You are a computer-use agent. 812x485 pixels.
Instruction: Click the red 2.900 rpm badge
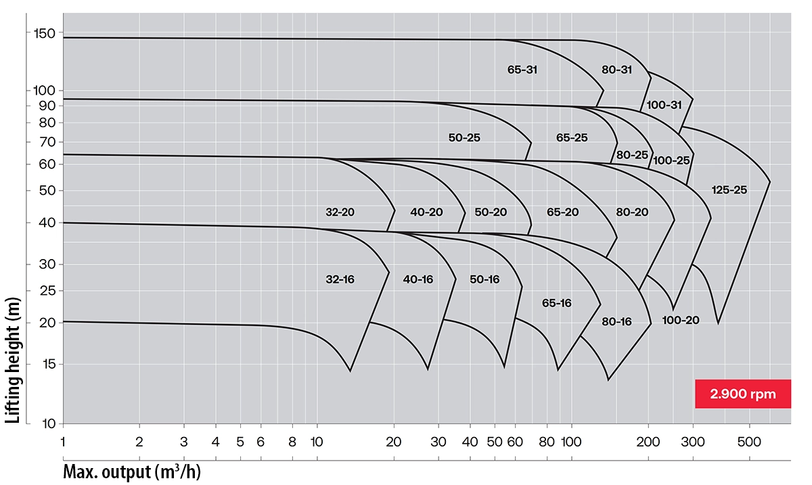[742, 394]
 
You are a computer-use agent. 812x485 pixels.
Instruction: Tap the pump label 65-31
[522, 69]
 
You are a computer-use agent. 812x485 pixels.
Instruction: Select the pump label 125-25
[729, 190]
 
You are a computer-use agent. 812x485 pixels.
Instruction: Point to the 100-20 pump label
[681, 320]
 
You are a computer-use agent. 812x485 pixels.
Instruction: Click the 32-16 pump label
[340, 279]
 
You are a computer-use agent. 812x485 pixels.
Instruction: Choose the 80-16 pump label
[616, 322]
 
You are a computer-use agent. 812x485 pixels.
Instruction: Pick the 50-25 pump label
[464, 137]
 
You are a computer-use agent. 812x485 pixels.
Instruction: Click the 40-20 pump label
[426, 212]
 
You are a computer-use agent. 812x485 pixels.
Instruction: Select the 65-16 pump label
[557, 303]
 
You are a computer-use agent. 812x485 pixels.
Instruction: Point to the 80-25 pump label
[632, 155]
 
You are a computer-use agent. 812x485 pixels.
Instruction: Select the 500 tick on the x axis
[749, 442]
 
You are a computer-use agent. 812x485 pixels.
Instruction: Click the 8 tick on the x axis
[292, 442]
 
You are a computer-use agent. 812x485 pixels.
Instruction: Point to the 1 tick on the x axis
[63, 442]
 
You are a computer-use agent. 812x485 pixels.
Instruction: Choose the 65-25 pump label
[572, 137]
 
